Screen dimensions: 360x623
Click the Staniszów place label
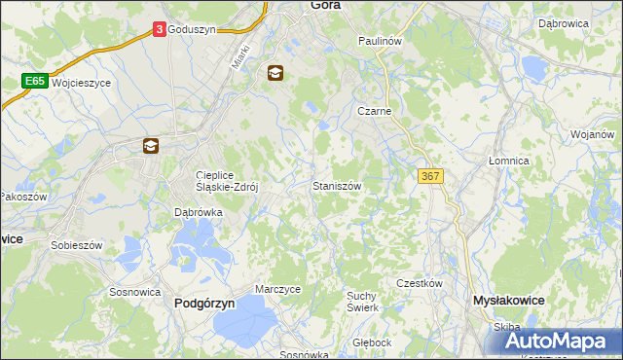pos(338,185)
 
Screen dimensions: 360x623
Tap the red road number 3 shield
pos(159,30)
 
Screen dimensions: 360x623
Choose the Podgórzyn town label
pos(204,303)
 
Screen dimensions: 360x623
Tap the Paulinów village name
pos(380,42)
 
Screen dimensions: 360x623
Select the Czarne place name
pos(374,111)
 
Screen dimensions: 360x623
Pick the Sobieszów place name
pos(76,246)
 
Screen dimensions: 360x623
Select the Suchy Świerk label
pos(362,301)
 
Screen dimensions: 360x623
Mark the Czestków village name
pos(420,283)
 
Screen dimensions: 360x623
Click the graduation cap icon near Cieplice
pos(151,146)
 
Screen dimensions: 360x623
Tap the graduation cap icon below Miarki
pos(275,72)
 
